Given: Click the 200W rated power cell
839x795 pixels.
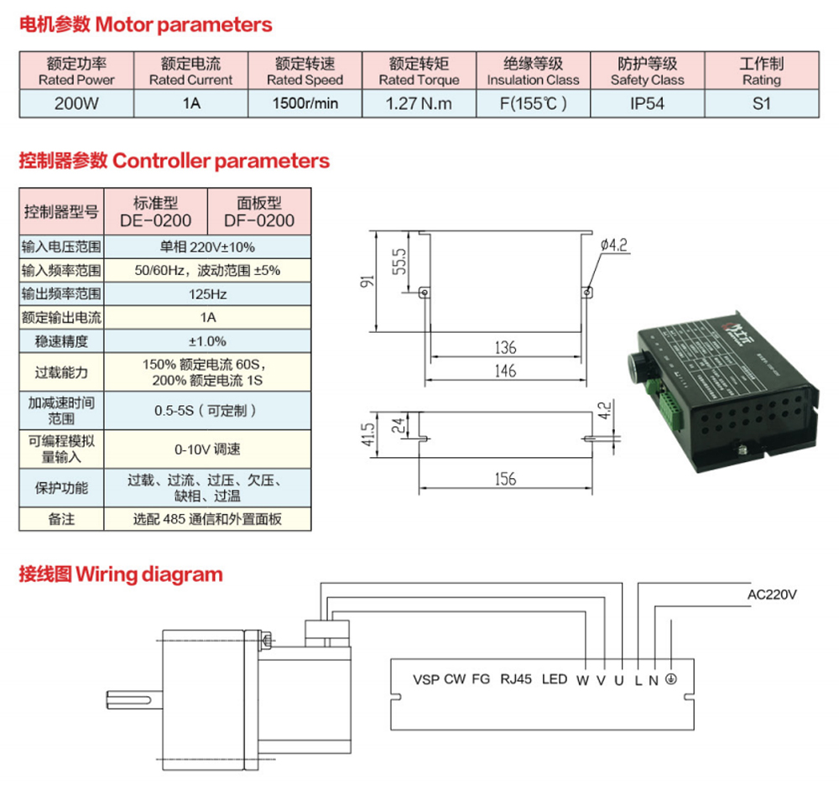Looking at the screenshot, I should (76, 104).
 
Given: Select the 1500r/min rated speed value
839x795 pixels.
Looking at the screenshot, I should (305, 104).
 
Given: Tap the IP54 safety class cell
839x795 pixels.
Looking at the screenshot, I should (647, 104).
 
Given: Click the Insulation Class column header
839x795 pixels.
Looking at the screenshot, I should (533, 71).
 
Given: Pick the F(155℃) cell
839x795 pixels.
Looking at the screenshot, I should (533, 104).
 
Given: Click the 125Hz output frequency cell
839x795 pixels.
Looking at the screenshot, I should (207, 294).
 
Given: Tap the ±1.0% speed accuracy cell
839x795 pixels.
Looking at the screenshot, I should (207, 341).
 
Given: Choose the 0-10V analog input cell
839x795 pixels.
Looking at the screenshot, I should (207, 449).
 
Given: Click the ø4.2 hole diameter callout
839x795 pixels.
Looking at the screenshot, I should (614, 245).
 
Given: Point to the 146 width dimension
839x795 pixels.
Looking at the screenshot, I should (504, 371).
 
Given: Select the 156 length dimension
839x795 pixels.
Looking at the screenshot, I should (504, 479).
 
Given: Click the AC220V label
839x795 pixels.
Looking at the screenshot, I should (771, 595).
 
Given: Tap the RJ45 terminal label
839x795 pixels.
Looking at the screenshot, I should (515, 679).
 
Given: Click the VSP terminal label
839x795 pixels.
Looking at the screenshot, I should (425, 679).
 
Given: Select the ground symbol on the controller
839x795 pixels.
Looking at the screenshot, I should (670, 679).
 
